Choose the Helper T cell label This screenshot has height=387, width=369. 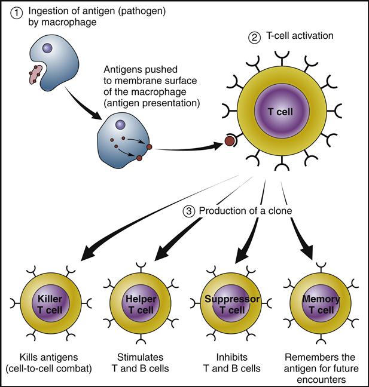138,305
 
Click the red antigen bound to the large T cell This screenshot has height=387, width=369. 229,142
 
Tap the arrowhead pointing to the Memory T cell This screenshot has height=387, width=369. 310,251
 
